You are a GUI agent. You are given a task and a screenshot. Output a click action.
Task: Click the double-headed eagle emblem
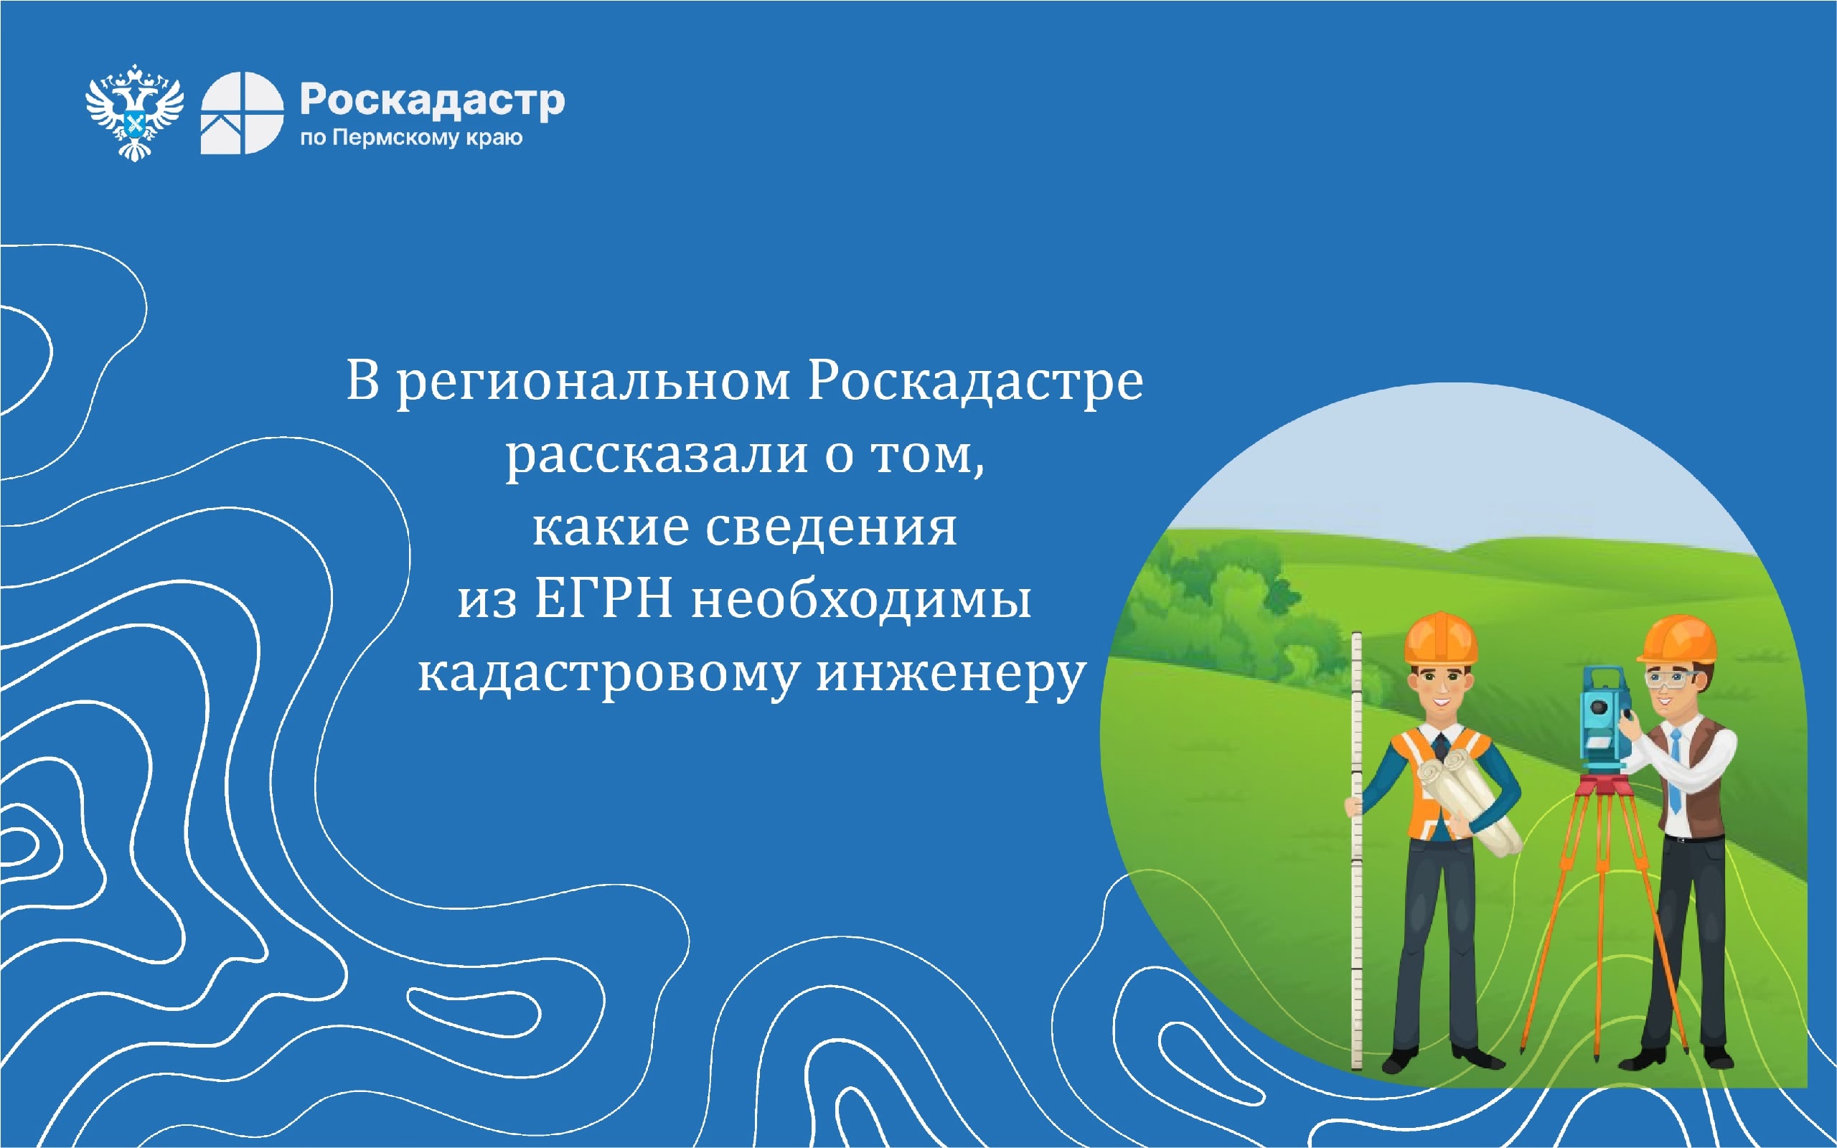click(x=134, y=113)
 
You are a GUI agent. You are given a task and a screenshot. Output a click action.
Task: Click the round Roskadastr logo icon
click(x=242, y=113)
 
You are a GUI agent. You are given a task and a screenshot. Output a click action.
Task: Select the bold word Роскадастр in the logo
click(x=433, y=101)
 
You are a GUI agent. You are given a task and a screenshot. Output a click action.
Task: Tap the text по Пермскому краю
click(x=411, y=138)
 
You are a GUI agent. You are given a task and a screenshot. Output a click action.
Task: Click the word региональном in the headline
click(x=593, y=382)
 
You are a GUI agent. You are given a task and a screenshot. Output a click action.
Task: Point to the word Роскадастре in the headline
click(x=974, y=381)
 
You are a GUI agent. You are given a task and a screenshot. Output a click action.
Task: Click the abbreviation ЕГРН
click(x=603, y=599)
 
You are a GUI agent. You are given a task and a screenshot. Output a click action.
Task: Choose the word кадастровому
click(x=608, y=674)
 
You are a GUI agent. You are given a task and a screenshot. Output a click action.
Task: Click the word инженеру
click(x=951, y=674)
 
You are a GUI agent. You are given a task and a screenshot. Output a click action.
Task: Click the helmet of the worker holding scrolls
click(x=1441, y=638)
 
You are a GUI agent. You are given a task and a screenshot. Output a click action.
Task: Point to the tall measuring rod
click(x=1356, y=850)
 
